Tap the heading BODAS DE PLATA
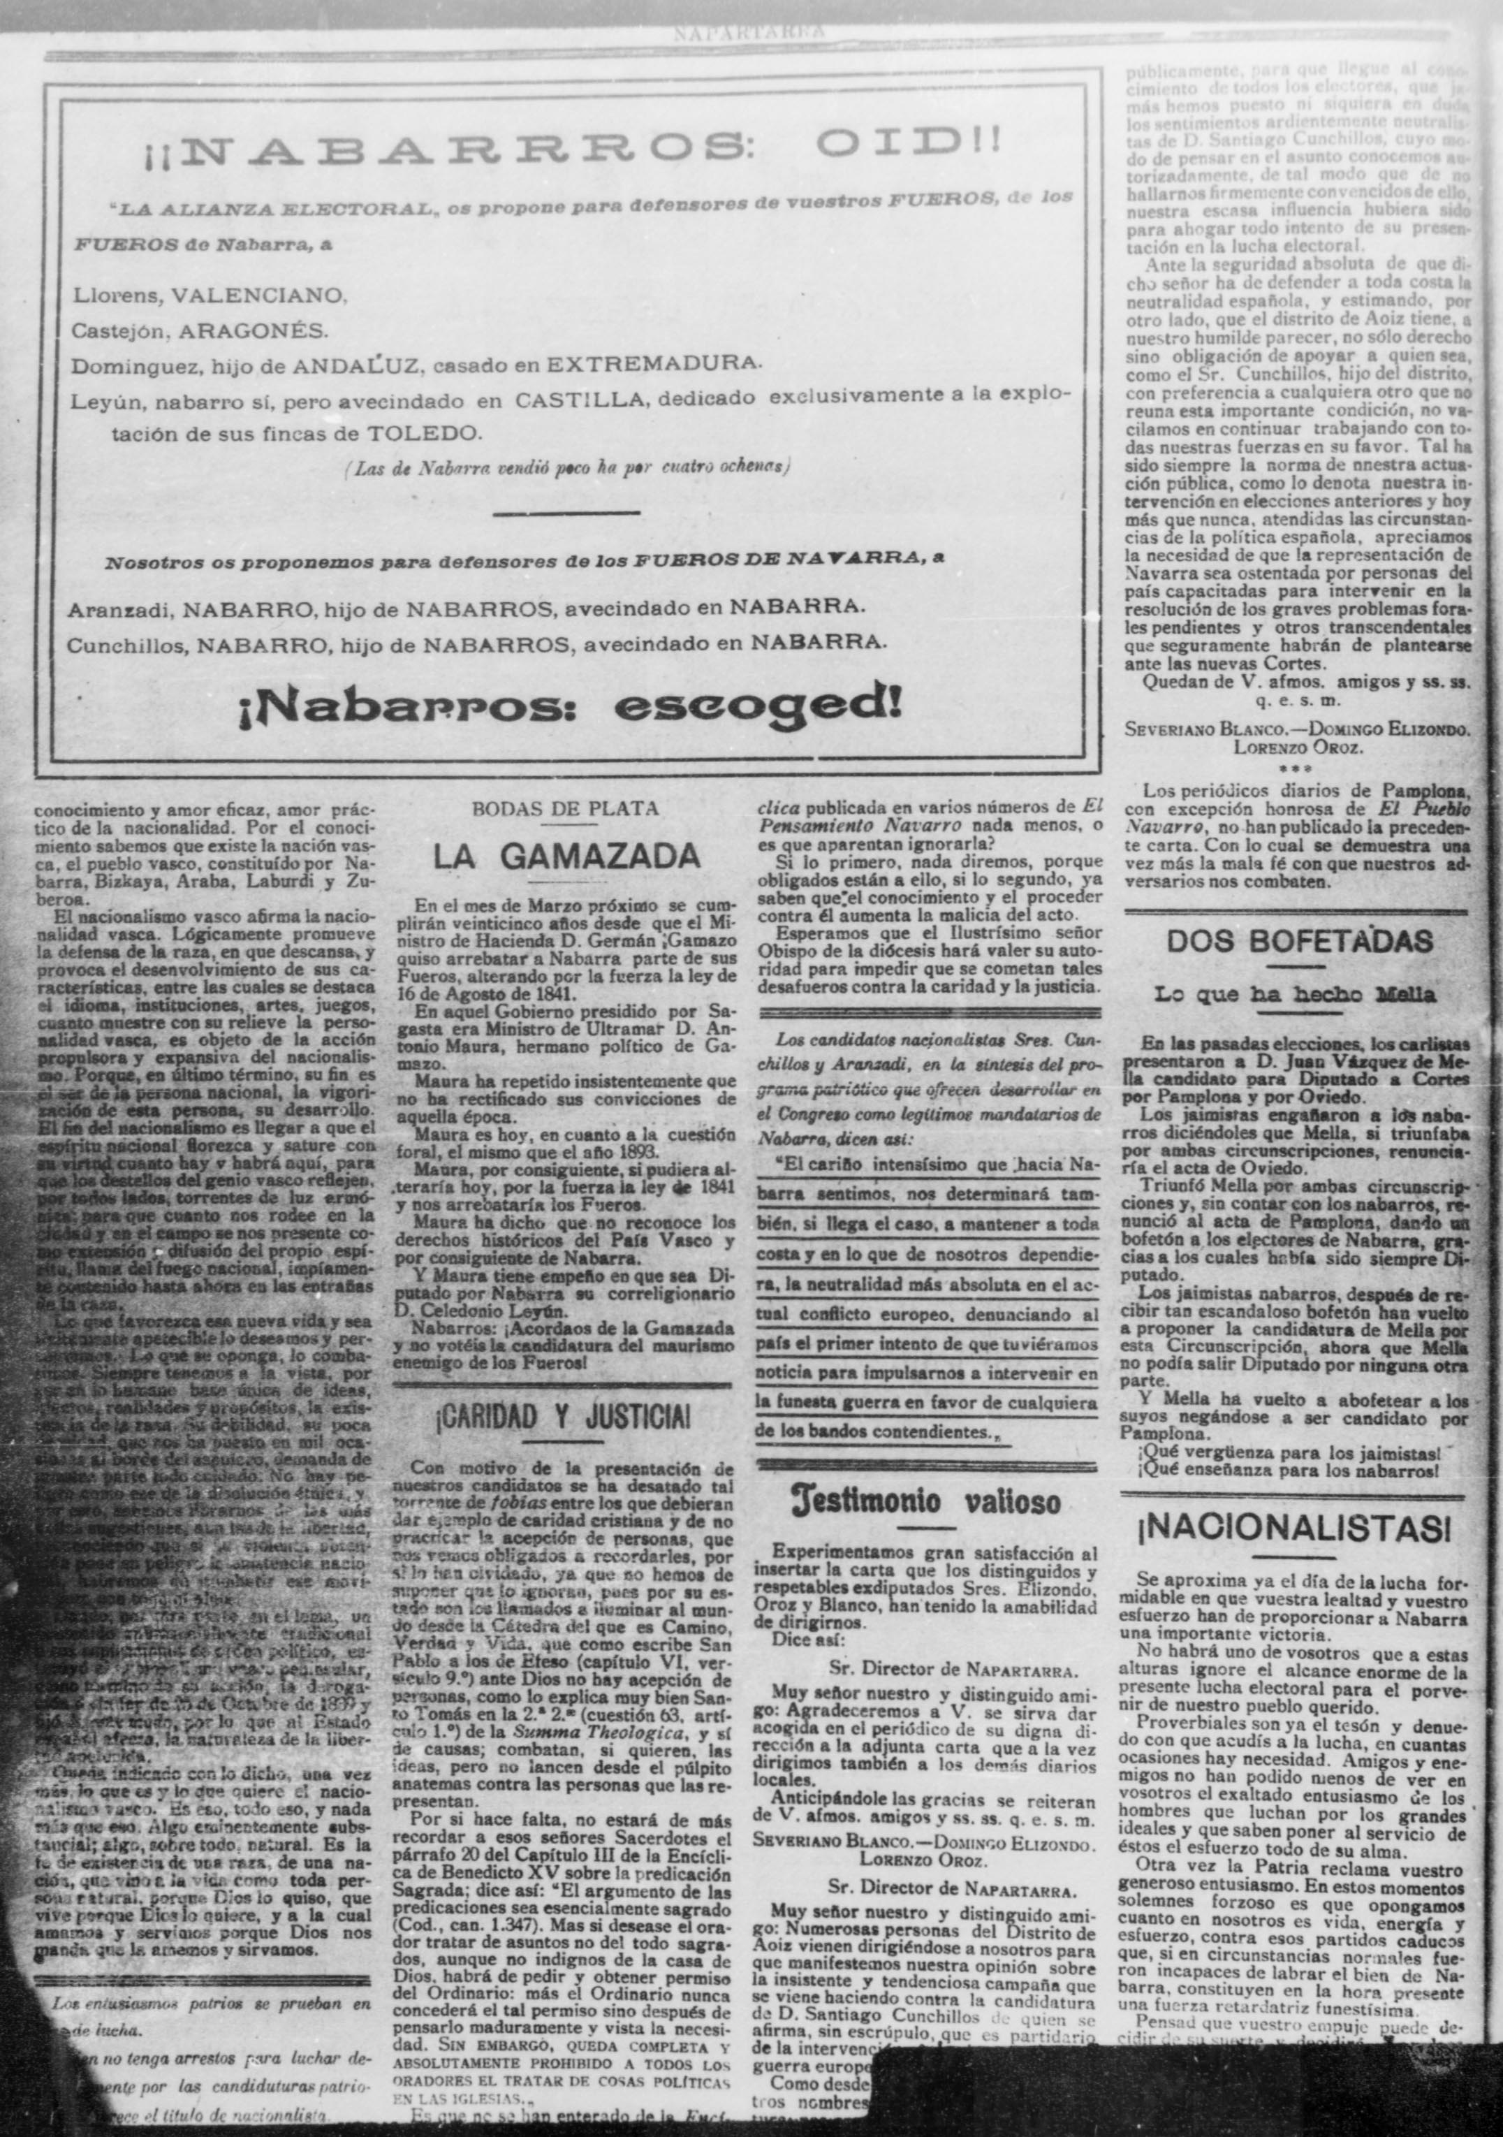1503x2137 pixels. coord(565,809)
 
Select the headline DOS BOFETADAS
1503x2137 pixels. coord(1299,941)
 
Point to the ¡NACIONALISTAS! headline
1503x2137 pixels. coord(1295,1529)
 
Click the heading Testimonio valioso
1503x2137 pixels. coord(925,1502)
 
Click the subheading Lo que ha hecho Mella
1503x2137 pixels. coord(1295,994)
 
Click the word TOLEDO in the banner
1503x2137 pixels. coord(425,433)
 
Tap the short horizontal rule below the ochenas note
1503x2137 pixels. coord(566,512)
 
